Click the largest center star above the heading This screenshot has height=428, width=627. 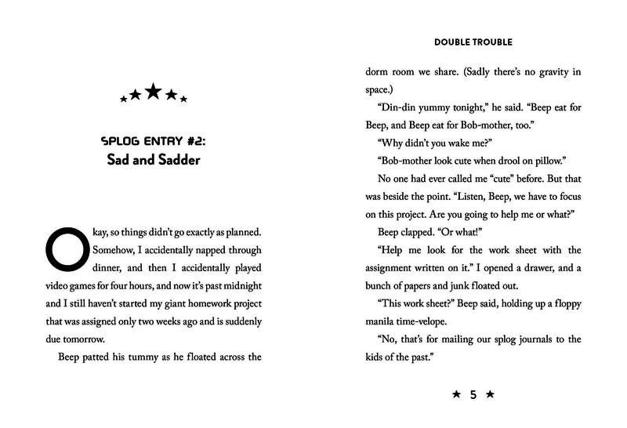pyautogui.click(x=153, y=92)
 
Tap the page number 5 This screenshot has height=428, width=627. pyautogui.click(x=473, y=396)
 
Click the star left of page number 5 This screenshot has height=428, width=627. pyautogui.click(x=456, y=396)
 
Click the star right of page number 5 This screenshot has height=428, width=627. pyautogui.click(x=490, y=396)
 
